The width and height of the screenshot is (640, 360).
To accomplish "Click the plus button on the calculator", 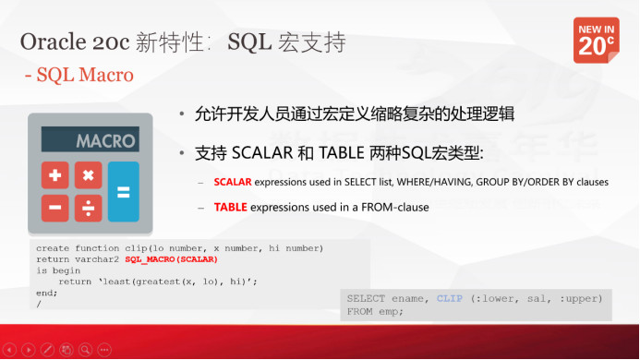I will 55,175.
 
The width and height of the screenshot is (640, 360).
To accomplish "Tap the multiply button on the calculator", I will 88,175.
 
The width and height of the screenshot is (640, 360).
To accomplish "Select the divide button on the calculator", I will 88,209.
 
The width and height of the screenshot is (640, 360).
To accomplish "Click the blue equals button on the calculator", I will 123,192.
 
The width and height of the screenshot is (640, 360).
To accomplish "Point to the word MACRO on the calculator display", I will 105,141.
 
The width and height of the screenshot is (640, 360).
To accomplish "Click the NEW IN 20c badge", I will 596,40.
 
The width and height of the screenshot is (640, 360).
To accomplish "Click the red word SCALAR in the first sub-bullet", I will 233,183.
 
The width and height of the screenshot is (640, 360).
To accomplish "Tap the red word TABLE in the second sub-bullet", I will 230,208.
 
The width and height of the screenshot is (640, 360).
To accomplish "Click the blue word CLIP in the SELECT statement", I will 450,298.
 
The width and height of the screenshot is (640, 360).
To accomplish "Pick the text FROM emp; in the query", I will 375,311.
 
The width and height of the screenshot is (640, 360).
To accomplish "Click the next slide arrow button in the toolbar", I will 28,351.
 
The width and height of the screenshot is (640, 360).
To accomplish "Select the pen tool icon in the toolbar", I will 47,351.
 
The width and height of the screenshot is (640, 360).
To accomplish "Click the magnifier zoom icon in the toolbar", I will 85,351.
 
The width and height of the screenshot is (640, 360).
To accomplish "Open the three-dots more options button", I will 104,351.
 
